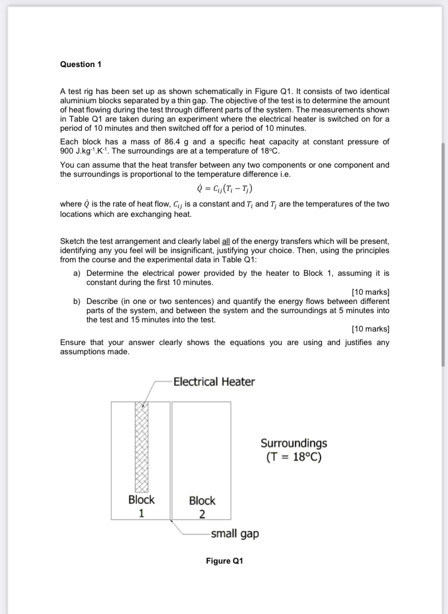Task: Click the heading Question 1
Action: click(x=81, y=64)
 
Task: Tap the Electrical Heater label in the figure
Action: click(x=214, y=382)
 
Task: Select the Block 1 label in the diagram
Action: click(x=141, y=506)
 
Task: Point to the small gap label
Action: click(x=234, y=534)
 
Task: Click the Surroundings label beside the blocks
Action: click(x=294, y=443)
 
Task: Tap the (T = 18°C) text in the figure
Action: click(x=294, y=457)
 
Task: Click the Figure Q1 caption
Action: click(x=225, y=561)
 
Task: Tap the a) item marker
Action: click(x=77, y=274)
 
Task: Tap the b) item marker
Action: click(x=77, y=301)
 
